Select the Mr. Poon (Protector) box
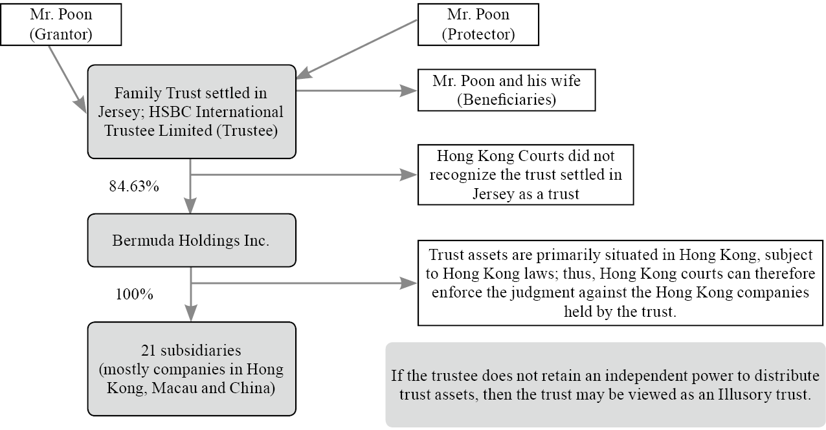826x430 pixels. pyautogui.click(x=478, y=24)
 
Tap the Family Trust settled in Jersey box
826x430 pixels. pyautogui.click(x=192, y=111)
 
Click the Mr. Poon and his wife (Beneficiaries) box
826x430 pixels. pyautogui.click(x=506, y=91)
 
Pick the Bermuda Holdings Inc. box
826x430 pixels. pyautogui.click(x=191, y=240)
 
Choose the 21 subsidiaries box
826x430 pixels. pyautogui.click(x=191, y=369)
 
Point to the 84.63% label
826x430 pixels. pyautogui.click(x=134, y=186)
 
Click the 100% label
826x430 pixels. pyautogui.click(x=134, y=294)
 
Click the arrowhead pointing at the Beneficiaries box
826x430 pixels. pyautogui.click(x=408, y=91)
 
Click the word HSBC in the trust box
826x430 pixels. pyautogui.click(x=187, y=111)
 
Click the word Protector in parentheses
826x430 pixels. pyautogui.click(x=478, y=34)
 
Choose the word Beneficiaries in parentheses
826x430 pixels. pyautogui.click(x=506, y=100)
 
